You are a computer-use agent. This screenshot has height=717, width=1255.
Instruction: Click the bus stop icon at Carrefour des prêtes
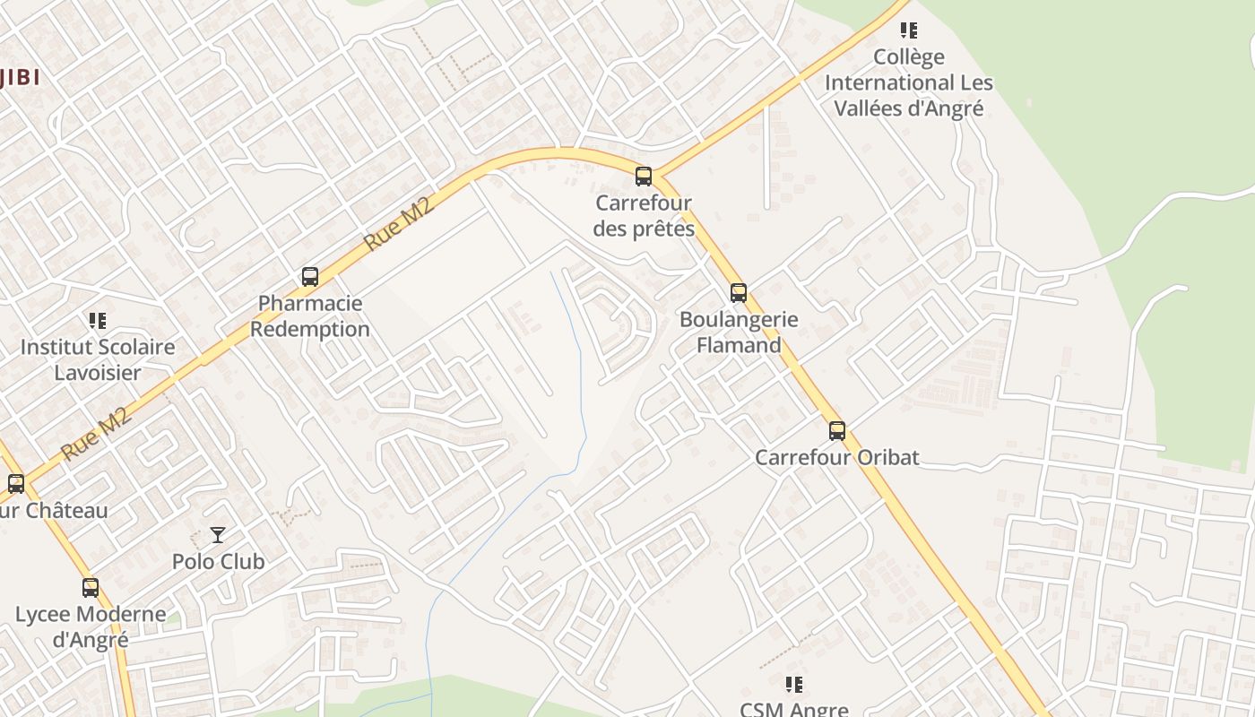click(x=644, y=176)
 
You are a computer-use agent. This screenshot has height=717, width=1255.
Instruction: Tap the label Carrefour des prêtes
click(x=644, y=216)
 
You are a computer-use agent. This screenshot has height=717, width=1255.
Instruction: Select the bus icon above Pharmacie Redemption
click(x=310, y=276)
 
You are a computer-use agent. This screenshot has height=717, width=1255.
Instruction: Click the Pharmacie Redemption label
click(x=310, y=316)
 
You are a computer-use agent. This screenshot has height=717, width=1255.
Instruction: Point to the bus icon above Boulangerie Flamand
click(x=739, y=292)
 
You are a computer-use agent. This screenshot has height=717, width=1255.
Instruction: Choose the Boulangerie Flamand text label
click(x=739, y=333)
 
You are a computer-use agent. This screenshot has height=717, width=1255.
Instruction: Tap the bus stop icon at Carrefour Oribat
click(x=837, y=430)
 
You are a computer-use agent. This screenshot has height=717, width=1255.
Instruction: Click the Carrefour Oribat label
click(x=837, y=457)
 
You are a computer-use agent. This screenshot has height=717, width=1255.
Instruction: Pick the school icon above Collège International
click(x=909, y=30)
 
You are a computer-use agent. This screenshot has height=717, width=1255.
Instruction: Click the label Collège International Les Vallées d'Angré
click(x=909, y=82)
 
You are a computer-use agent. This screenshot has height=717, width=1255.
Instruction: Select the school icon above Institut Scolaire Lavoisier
click(x=98, y=320)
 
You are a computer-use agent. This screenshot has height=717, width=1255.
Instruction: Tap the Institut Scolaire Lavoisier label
click(x=98, y=359)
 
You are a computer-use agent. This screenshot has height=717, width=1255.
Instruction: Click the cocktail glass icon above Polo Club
click(x=218, y=535)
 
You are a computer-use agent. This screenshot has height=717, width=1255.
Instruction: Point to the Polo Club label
click(x=218, y=562)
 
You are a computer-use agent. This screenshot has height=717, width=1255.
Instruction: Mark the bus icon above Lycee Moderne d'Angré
click(x=91, y=588)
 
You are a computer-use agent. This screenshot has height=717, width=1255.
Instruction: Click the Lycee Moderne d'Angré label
click(x=91, y=627)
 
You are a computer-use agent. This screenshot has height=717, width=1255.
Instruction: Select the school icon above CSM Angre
click(x=793, y=685)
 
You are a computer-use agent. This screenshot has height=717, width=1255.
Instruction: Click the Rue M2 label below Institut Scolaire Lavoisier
click(x=98, y=433)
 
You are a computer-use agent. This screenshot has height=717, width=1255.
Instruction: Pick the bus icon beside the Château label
click(x=16, y=484)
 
